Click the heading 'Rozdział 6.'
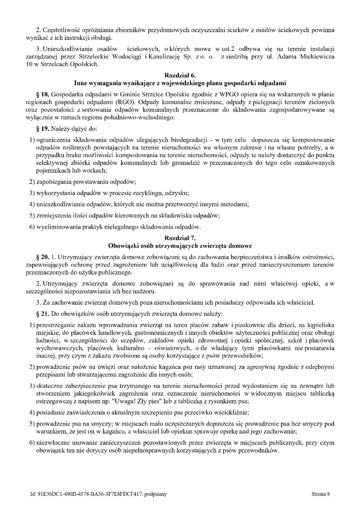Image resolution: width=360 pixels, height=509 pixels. (x=180, y=75)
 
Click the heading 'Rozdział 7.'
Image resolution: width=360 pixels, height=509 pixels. (x=180, y=238)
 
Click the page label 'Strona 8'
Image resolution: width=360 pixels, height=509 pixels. (x=321, y=494)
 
